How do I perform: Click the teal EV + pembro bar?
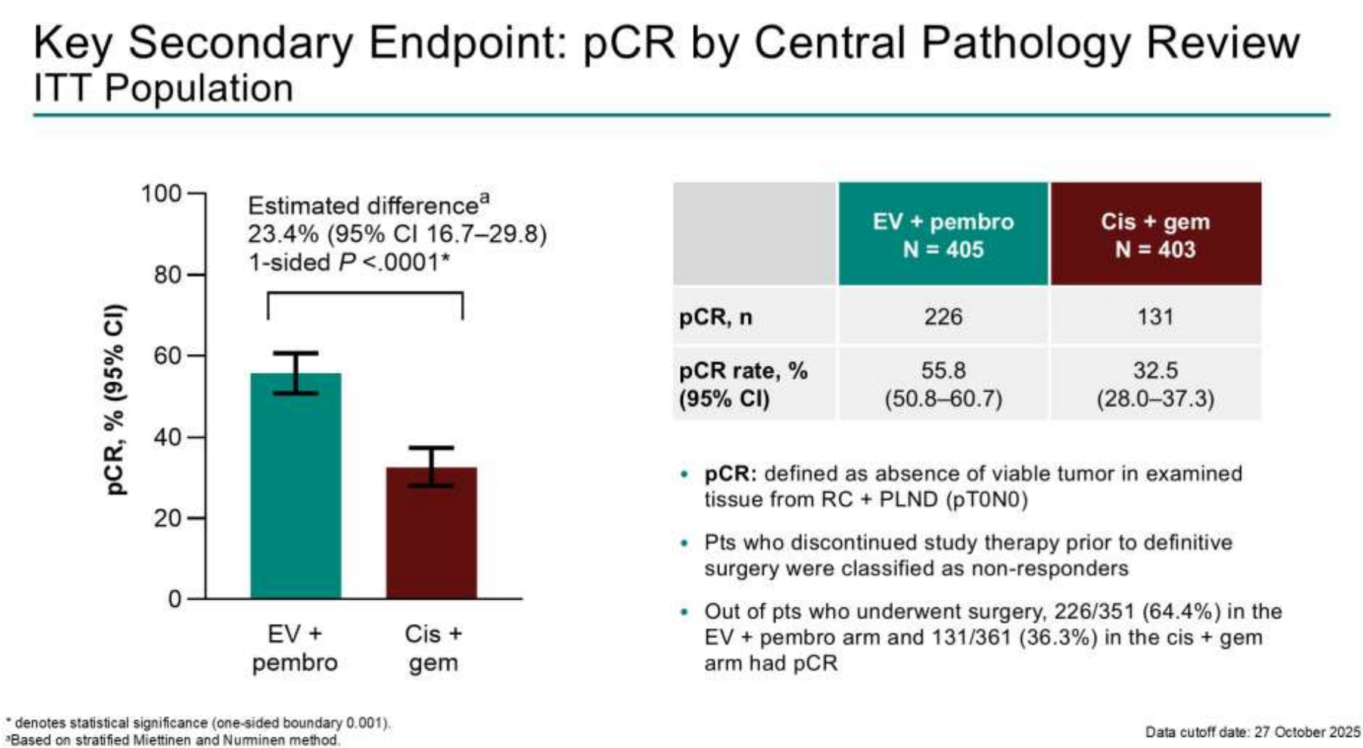tap(295, 485)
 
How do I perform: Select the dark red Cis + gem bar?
tap(431, 533)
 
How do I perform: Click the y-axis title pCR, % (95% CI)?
tap(116, 399)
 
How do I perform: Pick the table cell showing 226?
tap(943, 316)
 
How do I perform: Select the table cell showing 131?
tap(1155, 316)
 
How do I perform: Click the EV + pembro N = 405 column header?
tap(943, 234)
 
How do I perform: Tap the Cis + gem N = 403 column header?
tap(1156, 234)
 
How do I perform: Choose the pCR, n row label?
tap(715, 317)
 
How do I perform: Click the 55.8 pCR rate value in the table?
tap(943, 370)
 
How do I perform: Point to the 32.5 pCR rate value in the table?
tap(1155, 370)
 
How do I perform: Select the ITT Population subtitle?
tap(163, 89)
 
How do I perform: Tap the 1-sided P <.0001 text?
tap(349, 262)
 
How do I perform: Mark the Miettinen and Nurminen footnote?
tap(173, 740)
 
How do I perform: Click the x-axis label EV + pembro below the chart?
tap(295, 648)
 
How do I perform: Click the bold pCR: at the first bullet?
tap(730, 474)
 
